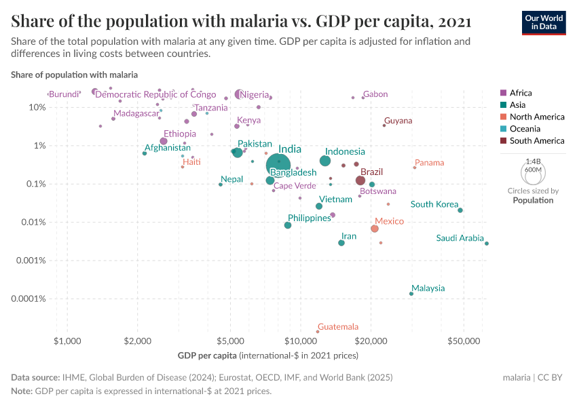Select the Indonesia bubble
coord(325,161)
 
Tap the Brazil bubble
coord(360,180)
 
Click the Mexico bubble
coord(375,229)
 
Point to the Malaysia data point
coord(411,294)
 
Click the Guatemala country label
coord(337,327)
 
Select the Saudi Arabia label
coord(460,238)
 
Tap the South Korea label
coord(434,204)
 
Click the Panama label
coord(429,163)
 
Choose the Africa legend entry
coord(521,93)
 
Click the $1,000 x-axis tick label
coord(67,338)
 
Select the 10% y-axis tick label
coord(37,107)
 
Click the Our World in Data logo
coord(543,22)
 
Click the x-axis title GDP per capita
coord(207,355)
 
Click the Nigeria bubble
coord(239,94)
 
